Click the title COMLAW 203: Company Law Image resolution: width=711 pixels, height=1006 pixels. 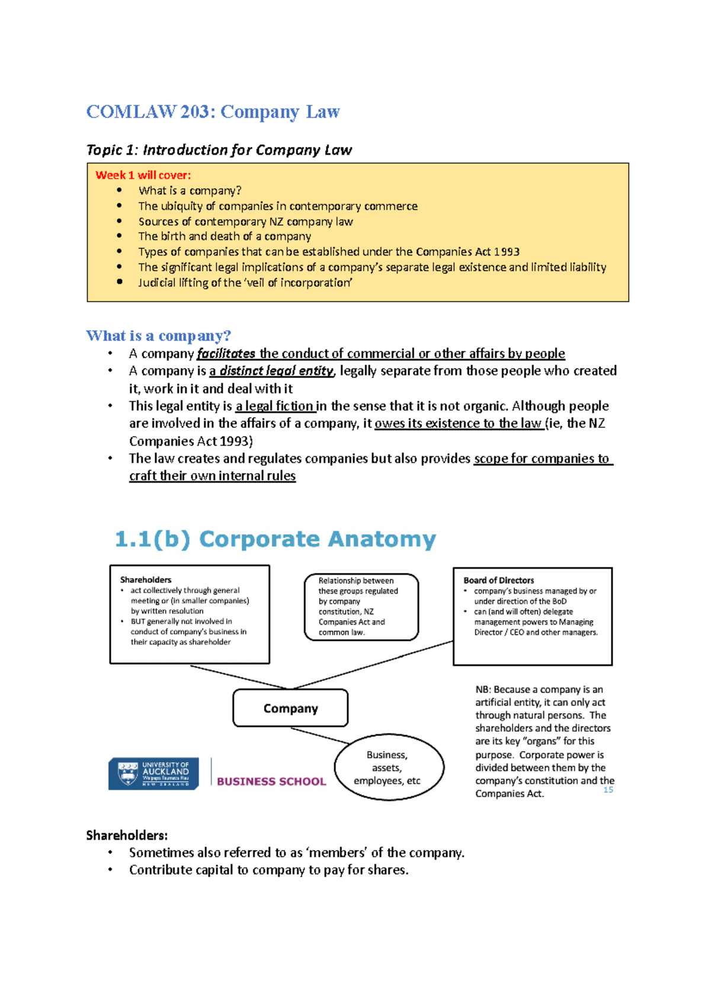click(x=213, y=112)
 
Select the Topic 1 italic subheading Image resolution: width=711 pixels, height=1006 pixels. click(x=219, y=150)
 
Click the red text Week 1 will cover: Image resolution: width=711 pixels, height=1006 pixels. click(x=143, y=175)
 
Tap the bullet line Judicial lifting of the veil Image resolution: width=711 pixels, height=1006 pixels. click(x=245, y=283)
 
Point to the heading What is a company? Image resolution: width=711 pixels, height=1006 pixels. click(x=158, y=336)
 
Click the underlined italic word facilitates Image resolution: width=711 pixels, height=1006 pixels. click(x=226, y=354)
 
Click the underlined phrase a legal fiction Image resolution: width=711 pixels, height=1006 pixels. click(x=274, y=406)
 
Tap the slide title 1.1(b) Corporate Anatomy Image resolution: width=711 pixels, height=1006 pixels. click(x=275, y=539)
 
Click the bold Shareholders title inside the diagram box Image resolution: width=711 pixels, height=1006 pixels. click(x=146, y=579)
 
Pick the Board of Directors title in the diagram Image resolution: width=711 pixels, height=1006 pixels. click(x=498, y=580)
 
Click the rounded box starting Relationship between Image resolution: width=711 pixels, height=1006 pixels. click(x=361, y=607)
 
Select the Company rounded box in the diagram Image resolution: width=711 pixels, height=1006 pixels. click(x=290, y=708)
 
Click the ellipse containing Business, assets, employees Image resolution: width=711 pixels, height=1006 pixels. click(x=388, y=767)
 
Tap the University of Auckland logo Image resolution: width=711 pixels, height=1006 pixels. click(x=153, y=773)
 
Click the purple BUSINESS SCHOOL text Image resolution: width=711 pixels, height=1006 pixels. click(x=271, y=781)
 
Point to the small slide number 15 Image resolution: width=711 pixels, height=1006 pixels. click(x=608, y=790)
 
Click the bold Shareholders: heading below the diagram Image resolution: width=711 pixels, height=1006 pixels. click(x=127, y=835)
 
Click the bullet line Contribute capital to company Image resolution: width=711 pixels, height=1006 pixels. click(x=268, y=870)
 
